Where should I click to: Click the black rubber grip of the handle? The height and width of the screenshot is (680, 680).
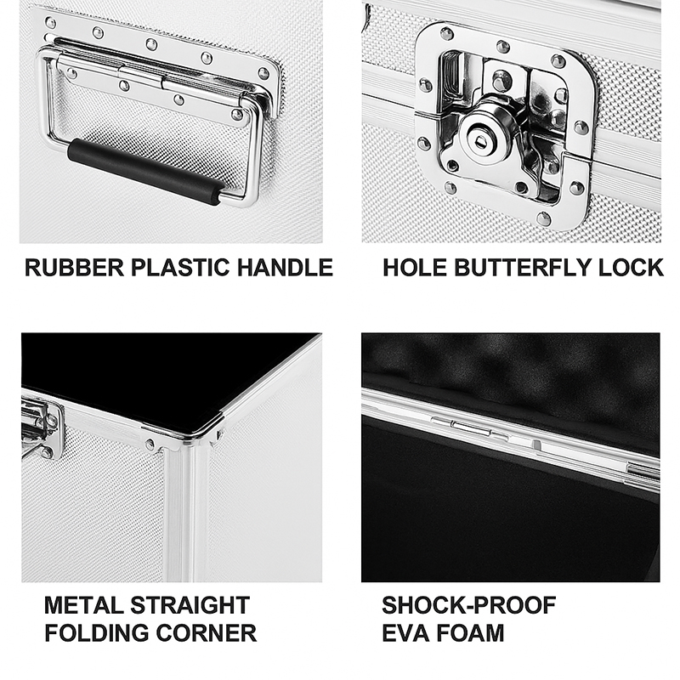coord(145,172)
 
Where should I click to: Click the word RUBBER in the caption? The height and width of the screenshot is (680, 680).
coord(74,268)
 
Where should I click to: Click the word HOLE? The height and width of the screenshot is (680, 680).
coord(415,268)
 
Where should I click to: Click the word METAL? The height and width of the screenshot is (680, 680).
coord(83,605)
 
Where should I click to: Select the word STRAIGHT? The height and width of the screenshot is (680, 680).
coord(190,605)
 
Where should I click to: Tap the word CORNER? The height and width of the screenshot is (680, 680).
coord(206,632)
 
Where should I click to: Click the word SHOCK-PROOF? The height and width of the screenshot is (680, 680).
coord(469,605)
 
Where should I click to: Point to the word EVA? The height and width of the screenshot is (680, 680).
coord(406,632)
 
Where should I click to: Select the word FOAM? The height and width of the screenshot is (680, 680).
coord(471,632)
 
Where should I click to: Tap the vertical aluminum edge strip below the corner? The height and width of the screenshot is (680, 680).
coord(186,516)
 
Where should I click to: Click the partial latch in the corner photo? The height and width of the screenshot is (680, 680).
coord(40,428)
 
